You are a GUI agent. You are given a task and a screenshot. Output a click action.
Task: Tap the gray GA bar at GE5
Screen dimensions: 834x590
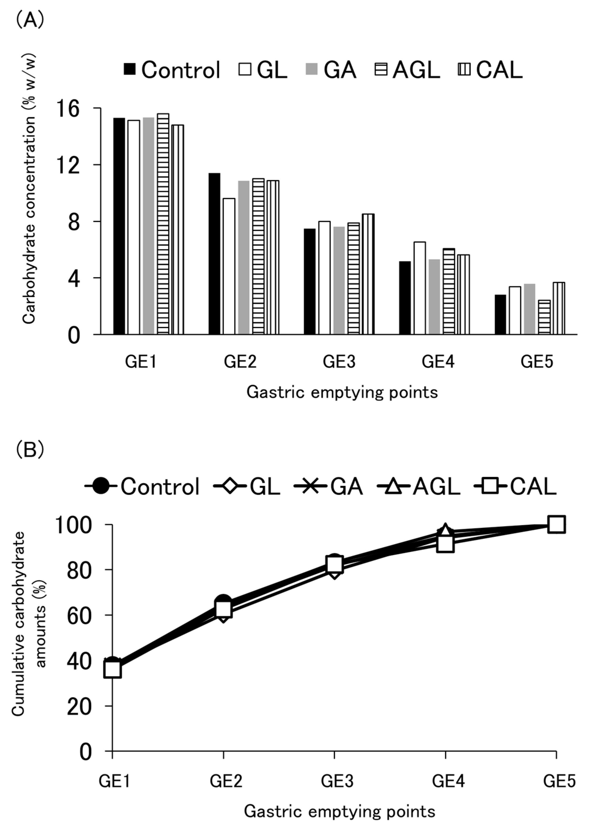coord(529,309)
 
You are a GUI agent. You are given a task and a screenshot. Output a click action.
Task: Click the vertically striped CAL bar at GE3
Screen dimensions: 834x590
coord(368,274)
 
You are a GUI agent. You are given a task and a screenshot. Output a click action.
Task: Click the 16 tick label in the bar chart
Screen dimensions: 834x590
coord(68,109)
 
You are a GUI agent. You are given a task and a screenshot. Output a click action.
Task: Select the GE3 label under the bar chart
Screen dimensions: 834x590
coord(339,362)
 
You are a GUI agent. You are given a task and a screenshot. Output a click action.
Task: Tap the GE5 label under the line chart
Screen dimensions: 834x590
coord(559,781)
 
